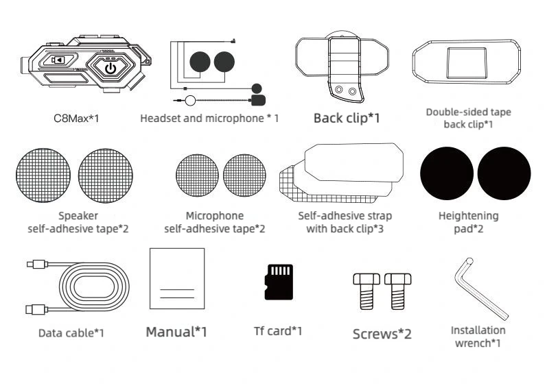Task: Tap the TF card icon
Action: pyautogui.click(x=279, y=281)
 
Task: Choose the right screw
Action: pyautogui.click(x=397, y=291)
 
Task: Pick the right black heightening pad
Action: pyautogui.click(x=504, y=173)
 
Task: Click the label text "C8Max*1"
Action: pyautogui.click(x=76, y=118)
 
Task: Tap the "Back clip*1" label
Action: pyautogui.click(x=347, y=118)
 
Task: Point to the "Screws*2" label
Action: pyautogui.click(x=382, y=334)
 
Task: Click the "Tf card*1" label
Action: pyautogui.click(x=278, y=331)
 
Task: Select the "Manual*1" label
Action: pyautogui.click(x=176, y=332)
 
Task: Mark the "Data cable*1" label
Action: pyautogui.click(x=72, y=333)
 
